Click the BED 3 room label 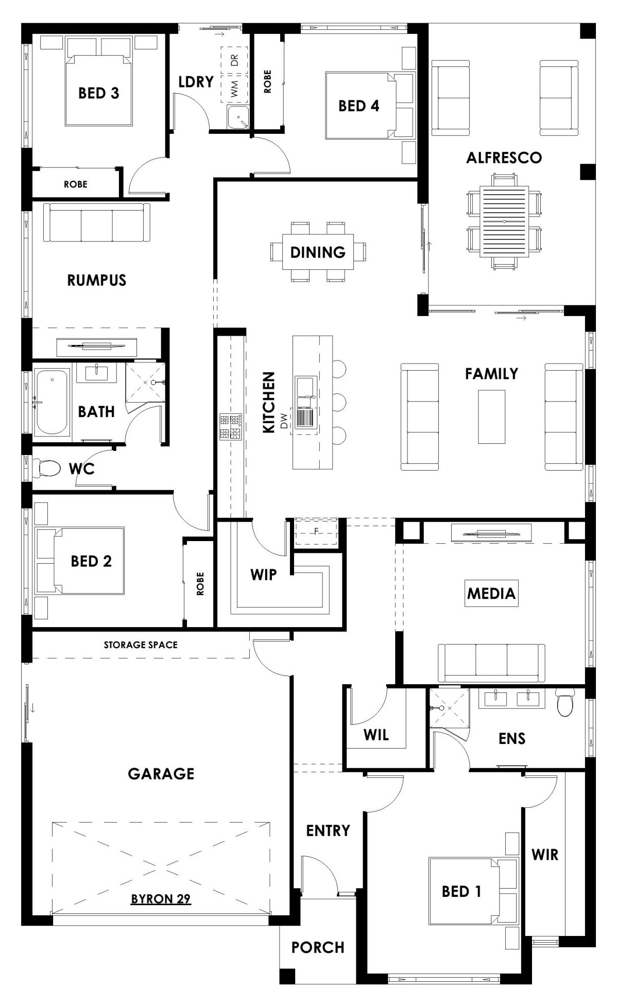[98, 93]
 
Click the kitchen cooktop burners [231, 426]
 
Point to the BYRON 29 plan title [161, 898]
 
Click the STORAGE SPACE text [141, 645]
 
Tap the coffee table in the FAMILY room [491, 417]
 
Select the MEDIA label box [491, 593]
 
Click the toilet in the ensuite [565, 703]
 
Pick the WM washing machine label [234, 89]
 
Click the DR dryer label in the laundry [234, 60]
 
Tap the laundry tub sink [238, 118]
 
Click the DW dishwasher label [284, 422]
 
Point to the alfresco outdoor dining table [504, 222]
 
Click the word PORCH [317, 947]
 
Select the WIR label [544, 855]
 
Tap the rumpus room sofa [97, 223]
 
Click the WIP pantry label [263, 575]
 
